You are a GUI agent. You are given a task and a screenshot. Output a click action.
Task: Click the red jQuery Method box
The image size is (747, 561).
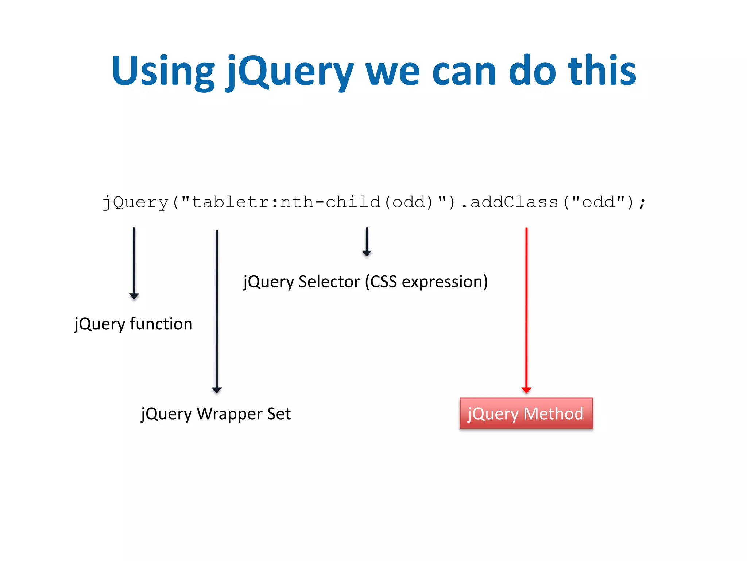pyautogui.click(x=526, y=413)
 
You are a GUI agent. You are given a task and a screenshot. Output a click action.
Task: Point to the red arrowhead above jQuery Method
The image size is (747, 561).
pyautogui.click(x=526, y=390)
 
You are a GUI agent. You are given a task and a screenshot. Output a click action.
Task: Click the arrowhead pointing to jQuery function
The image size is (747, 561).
pyautogui.click(x=134, y=296)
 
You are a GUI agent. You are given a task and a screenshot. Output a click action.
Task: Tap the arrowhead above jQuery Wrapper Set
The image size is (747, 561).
pyautogui.click(x=217, y=390)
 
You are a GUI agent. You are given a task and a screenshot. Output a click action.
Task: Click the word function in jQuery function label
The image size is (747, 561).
pyautogui.click(x=161, y=324)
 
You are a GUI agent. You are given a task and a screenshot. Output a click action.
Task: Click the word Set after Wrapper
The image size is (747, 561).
pyautogui.click(x=279, y=414)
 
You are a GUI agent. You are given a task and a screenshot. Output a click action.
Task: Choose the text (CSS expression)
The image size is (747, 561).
pyautogui.click(x=426, y=282)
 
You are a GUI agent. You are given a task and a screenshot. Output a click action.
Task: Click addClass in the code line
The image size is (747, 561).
pyautogui.click(x=514, y=202)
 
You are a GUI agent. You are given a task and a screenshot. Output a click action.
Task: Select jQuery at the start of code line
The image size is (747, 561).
pyautogui.click(x=135, y=202)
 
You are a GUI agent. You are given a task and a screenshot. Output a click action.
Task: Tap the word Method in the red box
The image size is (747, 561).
pyautogui.click(x=553, y=413)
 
